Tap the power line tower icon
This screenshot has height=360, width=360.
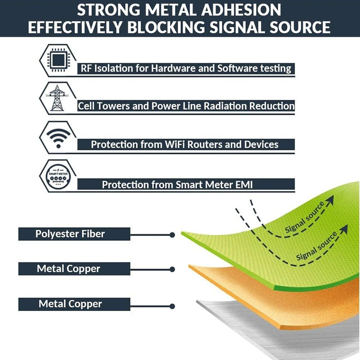coord(57,98)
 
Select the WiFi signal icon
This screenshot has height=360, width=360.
coord(57,137)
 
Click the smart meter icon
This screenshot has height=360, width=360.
coord(57,175)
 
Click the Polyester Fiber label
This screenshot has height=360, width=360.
coord(70,234)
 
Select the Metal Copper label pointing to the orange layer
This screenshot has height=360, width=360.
coord(68,269)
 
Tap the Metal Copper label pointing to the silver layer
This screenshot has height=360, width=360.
coord(70,304)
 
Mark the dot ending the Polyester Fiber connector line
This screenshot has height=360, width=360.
coord(172,234)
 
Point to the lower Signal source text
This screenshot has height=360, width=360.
coord(317,247)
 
